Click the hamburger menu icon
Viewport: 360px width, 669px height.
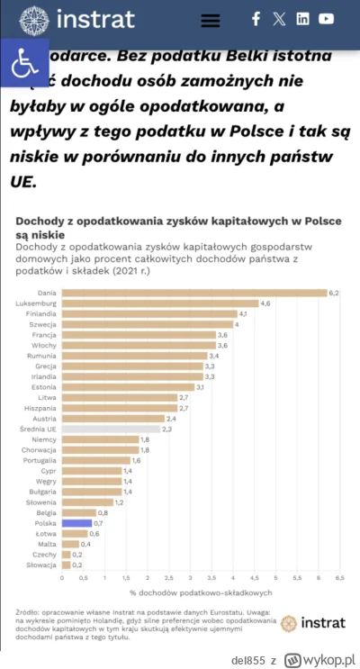coord(210,20)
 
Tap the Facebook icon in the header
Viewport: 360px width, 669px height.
coord(256,19)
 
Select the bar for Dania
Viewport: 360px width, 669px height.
coord(193,293)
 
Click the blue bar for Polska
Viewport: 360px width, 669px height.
coord(76,523)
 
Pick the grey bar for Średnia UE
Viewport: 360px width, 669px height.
coord(111,429)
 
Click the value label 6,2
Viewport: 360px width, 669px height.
coord(334,293)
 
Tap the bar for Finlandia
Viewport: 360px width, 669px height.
coord(148,314)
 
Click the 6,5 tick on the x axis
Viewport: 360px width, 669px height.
coord(339,577)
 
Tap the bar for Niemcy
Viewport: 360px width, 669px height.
coord(100,439)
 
